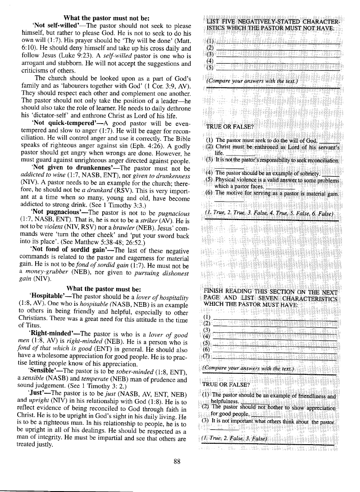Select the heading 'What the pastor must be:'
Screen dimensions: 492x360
tap(104, 289)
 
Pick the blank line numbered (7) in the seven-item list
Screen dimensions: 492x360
tap(275, 358)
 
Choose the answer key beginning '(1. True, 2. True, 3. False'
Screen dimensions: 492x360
tap(269, 213)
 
